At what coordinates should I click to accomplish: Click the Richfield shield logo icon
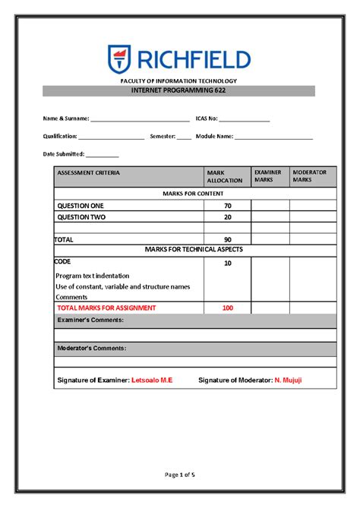pyautogui.click(x=119, y=58)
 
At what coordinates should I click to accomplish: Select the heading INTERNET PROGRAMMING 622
pyautogui.click(x=180, y=90)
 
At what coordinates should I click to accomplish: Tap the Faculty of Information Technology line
pyautogui.click(x=179, y=80)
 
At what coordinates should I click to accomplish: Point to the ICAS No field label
pyautogui.click(x=207, y=118)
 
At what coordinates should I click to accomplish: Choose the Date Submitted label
pyautogui.click(x=64, y=154)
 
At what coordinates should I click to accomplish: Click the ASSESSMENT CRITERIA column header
pyautogui.click(x=88, y=172)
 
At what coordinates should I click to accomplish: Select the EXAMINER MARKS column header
pyautogui.click(x=268, y=176)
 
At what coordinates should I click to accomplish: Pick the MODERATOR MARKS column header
pyautogui.click(x=310, y=176)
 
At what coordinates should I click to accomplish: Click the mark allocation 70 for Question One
pyautogui.click(x=227, y=206)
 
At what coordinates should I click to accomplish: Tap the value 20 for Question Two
pyautogui.click(x=227, y=217)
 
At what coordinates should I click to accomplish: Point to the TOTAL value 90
pyautogui.click(x=227, y=239)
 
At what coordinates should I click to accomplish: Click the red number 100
pyautogui.click(x=227, y=308)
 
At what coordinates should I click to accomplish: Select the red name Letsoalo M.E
pyautogui.click(x=152, y=380)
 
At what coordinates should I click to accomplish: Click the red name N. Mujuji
pyautogui.click(x=288, y=380)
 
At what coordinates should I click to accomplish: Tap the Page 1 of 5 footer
pyautogui.click(x=180, y=475)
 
